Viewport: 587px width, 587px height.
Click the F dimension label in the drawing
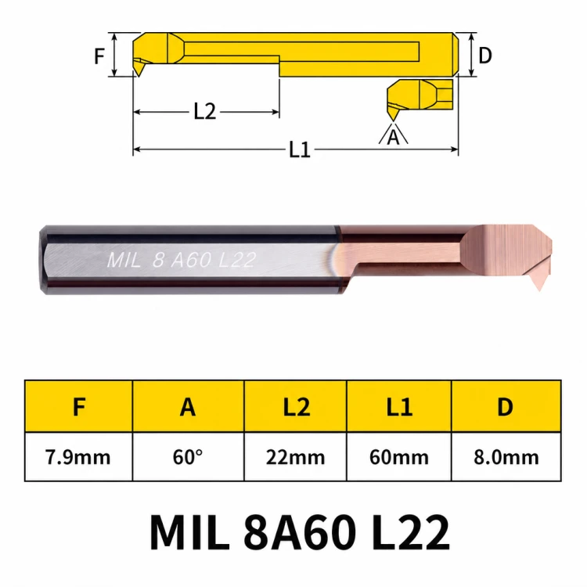click(x=99, y=56)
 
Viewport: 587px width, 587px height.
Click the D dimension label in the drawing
click(x=485, y=56)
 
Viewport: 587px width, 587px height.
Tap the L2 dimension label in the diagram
click(x=205, y=111)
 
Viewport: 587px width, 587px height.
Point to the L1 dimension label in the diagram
click(x=300, y=149)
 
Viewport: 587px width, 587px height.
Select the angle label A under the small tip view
click(x=393, y=137)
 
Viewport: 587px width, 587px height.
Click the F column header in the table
click(x=79, y=406)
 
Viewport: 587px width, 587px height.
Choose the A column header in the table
click(x=188, y=406)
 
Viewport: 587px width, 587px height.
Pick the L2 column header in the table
click(x=297, y=406)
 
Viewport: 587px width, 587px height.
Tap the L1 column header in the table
click(x=399, y=406)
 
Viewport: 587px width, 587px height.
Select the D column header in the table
click(x=505, y=406)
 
